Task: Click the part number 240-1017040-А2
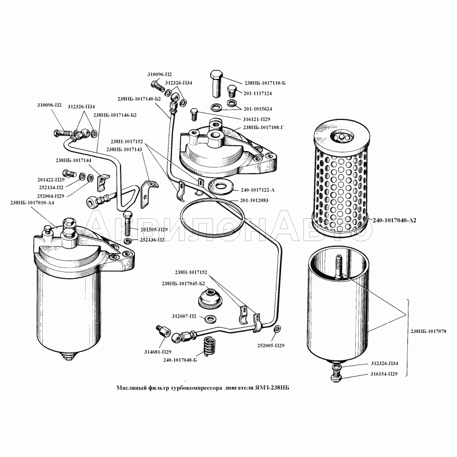click(x=394, y=220)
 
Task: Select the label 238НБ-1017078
click(x=428, y=331)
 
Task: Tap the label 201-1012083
click(x=254, y=201)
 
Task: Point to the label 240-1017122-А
click(x=258, y=190)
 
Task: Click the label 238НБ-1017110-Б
click(x=265, y=83)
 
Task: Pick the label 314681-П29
click(x=158, y=352)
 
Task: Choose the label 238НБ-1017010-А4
click(x=32, y=203)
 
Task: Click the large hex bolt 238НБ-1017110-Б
click(x=216, y=83)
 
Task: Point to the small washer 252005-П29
click(x=277, y=329)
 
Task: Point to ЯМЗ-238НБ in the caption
click(x=272, y=388)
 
